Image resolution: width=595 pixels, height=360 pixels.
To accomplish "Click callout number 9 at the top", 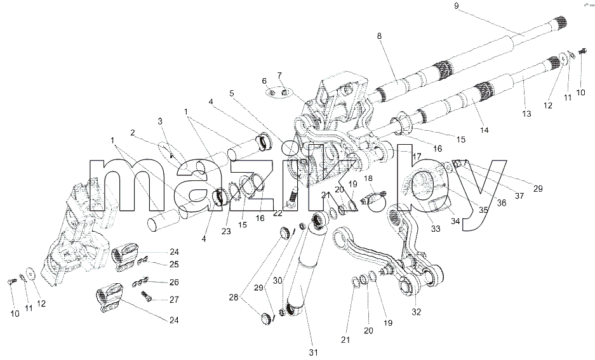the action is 457,6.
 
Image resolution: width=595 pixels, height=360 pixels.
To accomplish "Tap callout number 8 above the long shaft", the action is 379,36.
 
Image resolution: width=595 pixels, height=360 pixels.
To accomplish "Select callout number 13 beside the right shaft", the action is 526,114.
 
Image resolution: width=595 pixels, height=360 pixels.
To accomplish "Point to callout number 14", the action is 485,130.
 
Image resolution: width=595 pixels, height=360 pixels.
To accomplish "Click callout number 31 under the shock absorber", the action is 312,352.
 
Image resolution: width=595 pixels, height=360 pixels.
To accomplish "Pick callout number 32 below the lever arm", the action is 417,312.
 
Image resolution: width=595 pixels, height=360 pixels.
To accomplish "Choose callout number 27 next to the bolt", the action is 174,300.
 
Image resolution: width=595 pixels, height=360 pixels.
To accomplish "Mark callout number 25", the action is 174,264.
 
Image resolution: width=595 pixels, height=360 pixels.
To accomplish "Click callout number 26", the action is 174,283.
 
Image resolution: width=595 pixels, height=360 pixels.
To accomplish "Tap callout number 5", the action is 232,93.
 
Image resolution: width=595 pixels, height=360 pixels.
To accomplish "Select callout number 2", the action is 133,133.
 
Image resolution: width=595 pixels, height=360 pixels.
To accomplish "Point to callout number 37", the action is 519,196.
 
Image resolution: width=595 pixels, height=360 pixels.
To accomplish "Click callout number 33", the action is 436,229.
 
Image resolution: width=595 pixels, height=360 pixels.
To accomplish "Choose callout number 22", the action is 277,213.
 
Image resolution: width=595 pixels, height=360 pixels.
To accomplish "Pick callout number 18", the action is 368,178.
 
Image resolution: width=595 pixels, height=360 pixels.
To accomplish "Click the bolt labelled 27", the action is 147,297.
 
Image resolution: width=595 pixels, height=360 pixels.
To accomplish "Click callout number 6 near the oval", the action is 264,81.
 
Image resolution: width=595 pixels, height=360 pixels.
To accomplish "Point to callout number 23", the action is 226,231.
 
